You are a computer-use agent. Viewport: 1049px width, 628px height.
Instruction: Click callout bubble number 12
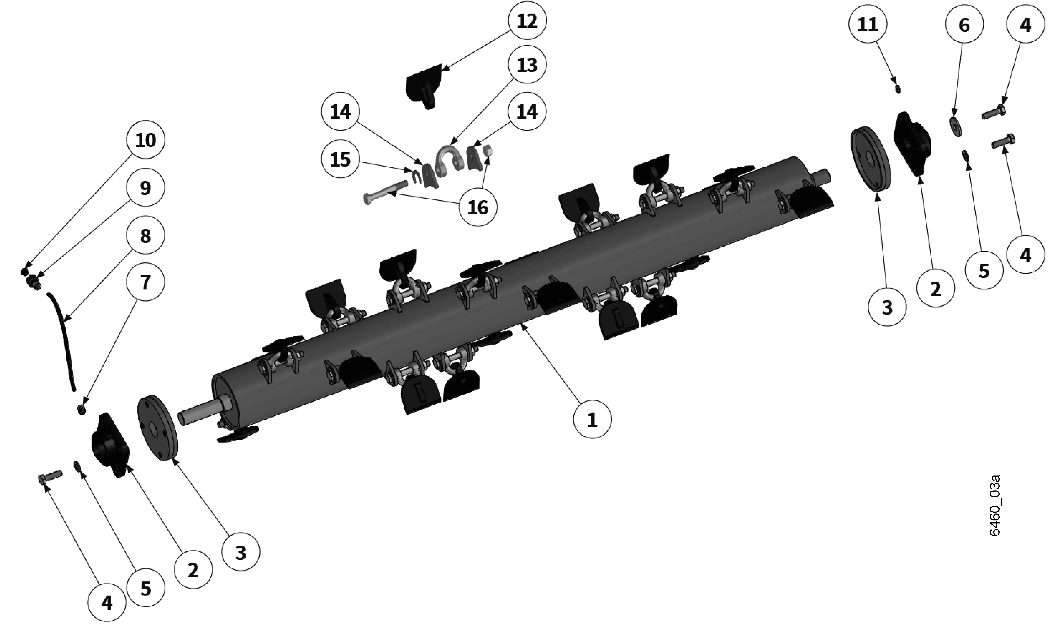527,21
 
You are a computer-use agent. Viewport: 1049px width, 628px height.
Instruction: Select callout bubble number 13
527,65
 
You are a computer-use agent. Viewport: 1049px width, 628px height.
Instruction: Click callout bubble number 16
478,207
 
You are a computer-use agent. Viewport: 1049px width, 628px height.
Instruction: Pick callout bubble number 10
145,140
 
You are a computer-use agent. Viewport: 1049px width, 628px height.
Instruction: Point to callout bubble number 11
868,25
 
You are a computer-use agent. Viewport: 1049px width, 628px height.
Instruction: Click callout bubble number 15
341,159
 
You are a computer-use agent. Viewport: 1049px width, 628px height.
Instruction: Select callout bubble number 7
145,282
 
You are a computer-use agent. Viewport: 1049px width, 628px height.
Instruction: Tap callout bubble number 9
145,187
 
